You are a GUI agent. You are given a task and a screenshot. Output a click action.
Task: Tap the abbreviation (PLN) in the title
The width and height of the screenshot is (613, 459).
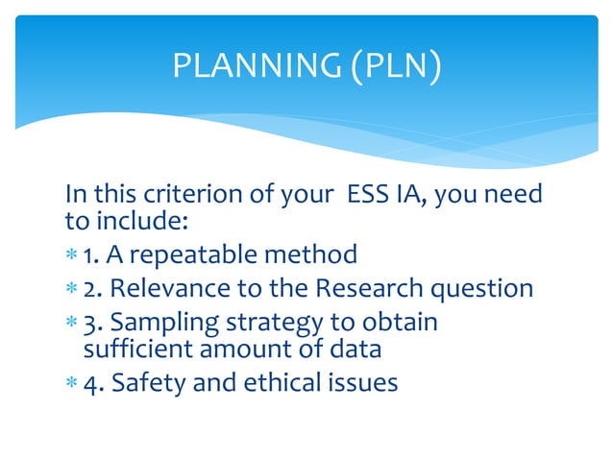point(394,65)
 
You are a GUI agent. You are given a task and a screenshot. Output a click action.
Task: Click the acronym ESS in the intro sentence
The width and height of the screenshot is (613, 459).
point(359,196)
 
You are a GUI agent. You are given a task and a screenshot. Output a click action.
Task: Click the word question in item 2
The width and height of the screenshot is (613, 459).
point(481,288)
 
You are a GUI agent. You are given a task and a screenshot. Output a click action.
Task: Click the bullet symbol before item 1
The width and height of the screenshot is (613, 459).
point(71,256)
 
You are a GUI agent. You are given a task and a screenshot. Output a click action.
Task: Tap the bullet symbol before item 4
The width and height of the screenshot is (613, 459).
point(71,383)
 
